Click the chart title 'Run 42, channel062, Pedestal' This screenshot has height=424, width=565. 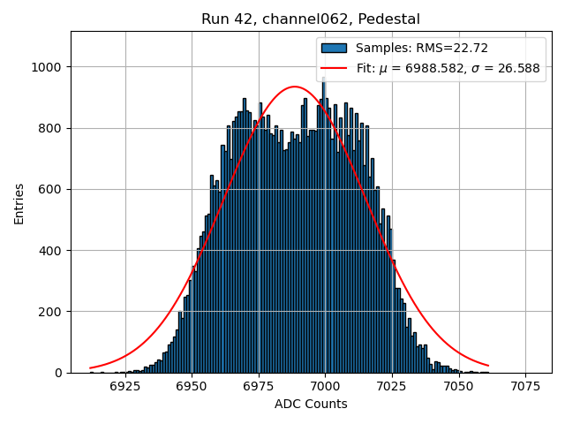coord(311,19)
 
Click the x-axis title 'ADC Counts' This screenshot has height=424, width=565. coord(311,404)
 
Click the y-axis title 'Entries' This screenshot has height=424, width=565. coord(19,203)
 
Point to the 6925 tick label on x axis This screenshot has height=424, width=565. coord(125,386)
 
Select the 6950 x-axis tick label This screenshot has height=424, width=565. coord(192,386)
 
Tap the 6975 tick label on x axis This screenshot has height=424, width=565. coord(259,386)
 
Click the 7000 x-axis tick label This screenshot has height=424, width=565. coord(325,386)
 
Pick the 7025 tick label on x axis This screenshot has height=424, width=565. coord(392,386)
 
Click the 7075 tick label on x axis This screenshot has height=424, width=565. coord(525,386)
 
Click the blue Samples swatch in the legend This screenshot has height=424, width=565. coord(335,48)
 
